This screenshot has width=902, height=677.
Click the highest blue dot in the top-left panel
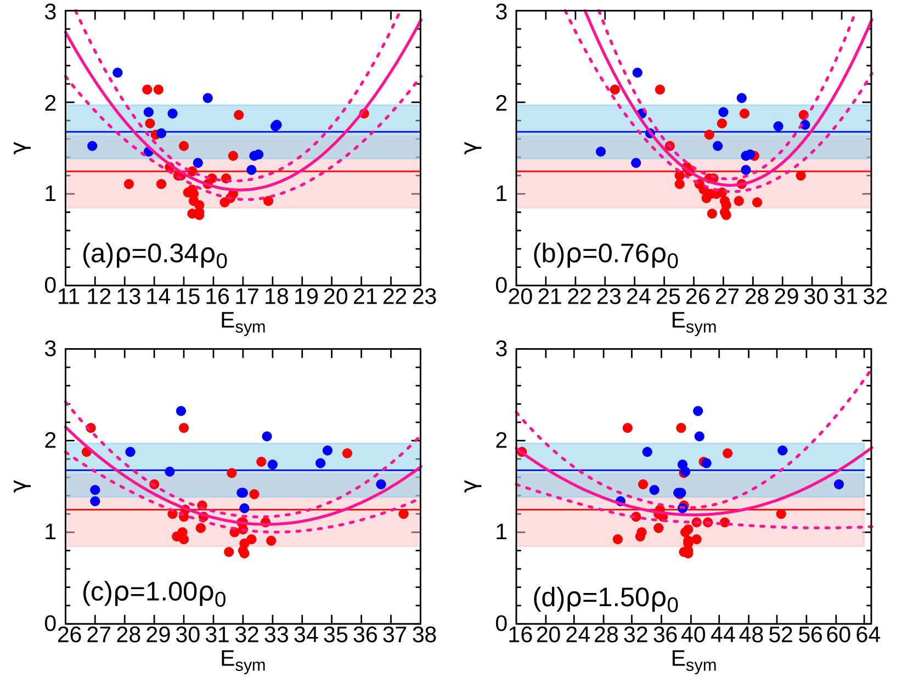click(117, 72)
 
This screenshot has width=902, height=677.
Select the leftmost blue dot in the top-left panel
click(92, 146)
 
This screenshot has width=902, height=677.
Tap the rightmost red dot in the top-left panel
click(364, 114)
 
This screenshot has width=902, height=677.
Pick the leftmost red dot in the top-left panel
click(129, 184)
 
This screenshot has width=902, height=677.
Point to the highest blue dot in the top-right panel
click(637, 72)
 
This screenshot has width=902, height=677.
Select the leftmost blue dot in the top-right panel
click(601, 152)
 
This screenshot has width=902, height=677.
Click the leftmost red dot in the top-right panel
click(615, 89)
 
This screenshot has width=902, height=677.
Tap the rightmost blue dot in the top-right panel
click(805, 125)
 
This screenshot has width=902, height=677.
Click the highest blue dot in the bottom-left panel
click(181, 411)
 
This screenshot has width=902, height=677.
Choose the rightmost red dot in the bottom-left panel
click(403, 514)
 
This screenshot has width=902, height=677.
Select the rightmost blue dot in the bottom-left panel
click(381, 484)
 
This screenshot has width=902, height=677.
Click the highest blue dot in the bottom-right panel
click(698, 411)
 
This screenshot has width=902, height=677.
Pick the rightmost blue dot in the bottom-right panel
click(838, 484)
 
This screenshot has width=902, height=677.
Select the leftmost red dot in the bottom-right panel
click(522, 452)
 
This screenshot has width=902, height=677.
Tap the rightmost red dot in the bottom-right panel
click(781, 514)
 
